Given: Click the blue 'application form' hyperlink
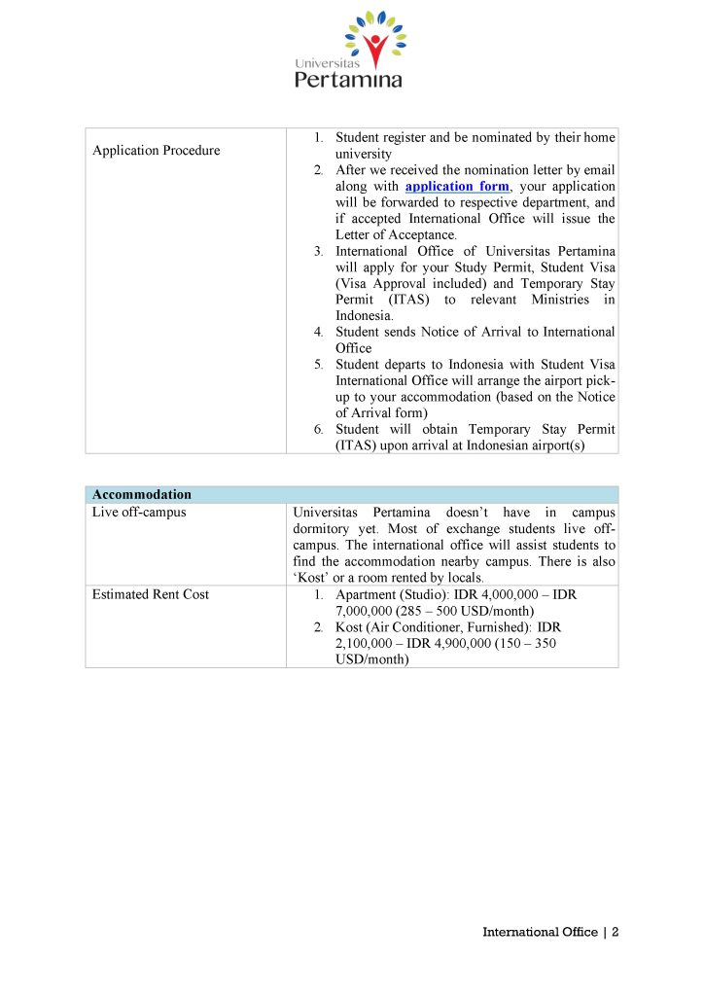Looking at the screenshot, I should (456, 186).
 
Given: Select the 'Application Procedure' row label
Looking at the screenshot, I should (156, 151).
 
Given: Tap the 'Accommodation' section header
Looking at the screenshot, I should (142, 494).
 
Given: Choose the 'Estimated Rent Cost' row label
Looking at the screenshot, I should (150, 594).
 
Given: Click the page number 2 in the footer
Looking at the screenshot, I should (616, 932).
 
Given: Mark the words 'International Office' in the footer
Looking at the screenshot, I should (540, 932).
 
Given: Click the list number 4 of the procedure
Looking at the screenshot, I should (318, 332).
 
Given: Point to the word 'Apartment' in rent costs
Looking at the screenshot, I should (365, 594).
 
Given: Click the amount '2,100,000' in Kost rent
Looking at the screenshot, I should (366, 643).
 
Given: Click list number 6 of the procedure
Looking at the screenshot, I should (318, 429).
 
